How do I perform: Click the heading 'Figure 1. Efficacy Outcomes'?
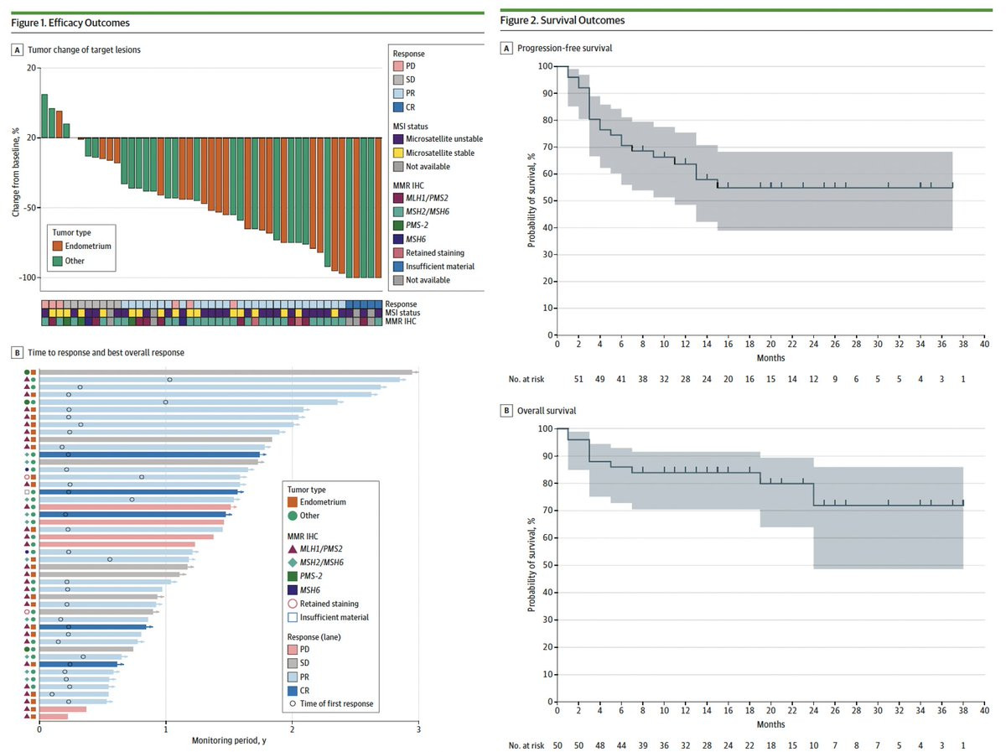(x=70, y=23)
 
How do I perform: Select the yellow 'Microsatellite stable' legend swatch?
(x=399, y=153)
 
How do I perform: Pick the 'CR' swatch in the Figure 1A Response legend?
(x=399, y=107)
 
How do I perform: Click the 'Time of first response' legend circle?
(x=293, y=703)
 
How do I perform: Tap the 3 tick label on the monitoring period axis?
(x=418, y=729)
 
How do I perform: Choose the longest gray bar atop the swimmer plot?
(x=226, y=371)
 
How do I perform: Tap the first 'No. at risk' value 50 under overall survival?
(x=557, y=744)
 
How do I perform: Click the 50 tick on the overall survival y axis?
(x=545, y=564)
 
